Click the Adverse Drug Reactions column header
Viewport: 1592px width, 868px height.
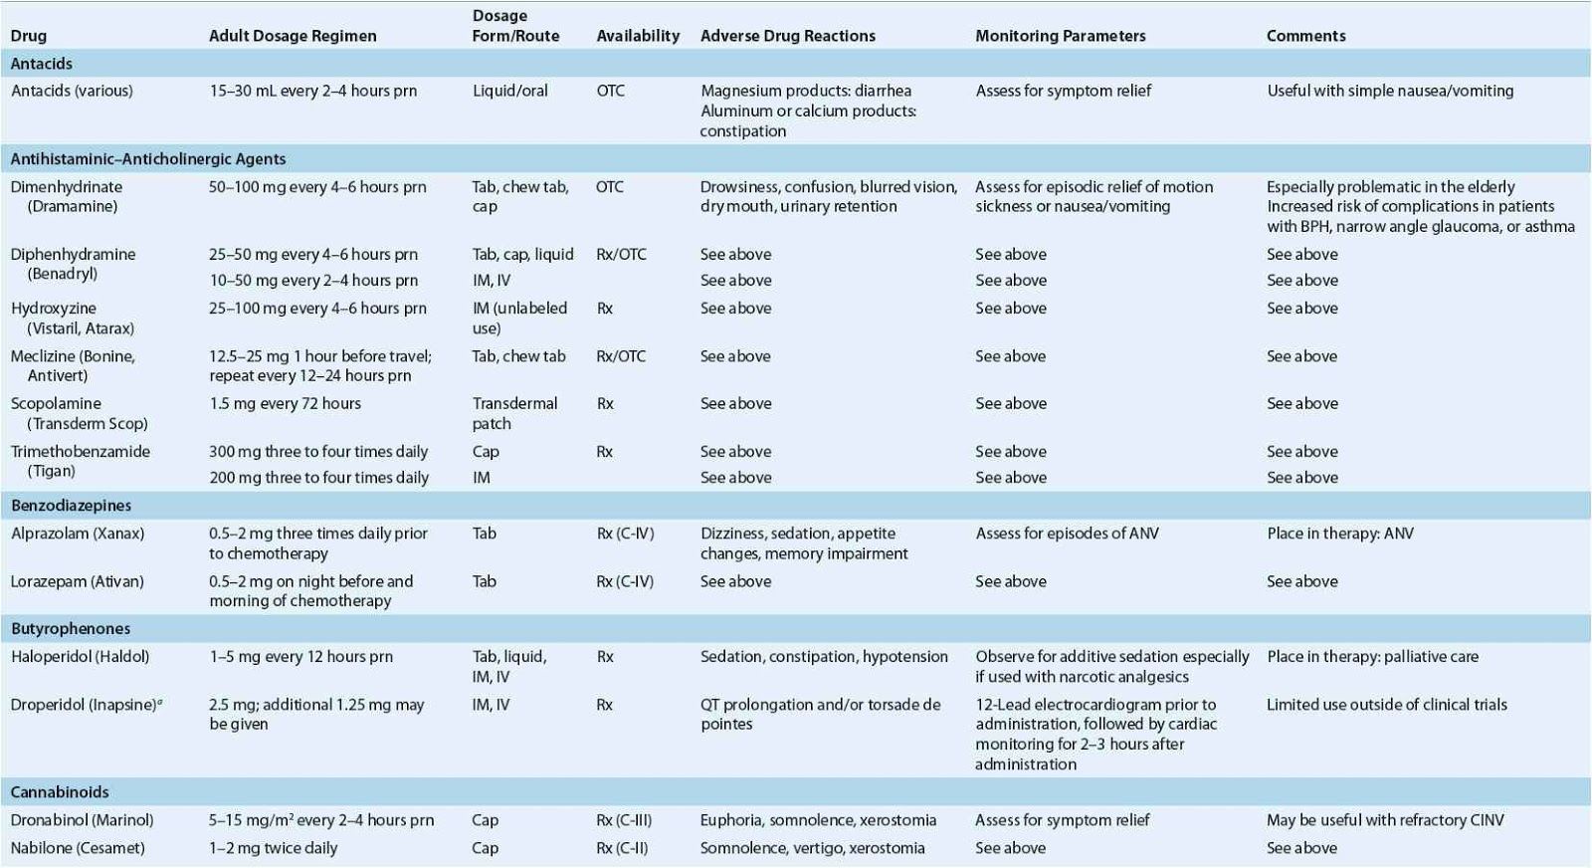click(787, 36)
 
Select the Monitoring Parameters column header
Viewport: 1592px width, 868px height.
click(1060, 36)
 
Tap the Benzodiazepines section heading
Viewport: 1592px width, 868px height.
click(71, 506)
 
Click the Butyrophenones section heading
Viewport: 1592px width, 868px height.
click(71, 629)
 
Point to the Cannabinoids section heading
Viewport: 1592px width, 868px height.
click(60, 792)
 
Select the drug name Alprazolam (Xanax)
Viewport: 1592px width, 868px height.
click(78, 534)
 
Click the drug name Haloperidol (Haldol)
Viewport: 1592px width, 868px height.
click(80, 657)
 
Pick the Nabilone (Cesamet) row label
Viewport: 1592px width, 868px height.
click(78, 848)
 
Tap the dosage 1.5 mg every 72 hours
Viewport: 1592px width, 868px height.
click(285, 404)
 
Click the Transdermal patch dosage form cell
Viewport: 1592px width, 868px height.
click(514, 413)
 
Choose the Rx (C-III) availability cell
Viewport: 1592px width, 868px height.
click(624, 820)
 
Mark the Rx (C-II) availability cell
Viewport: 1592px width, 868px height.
click(622, 848)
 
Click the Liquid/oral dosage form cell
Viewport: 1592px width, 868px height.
click(509, 91)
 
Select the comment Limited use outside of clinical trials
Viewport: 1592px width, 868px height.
click(1386, 705)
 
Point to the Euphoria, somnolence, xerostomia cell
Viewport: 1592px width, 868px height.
click(818, 820)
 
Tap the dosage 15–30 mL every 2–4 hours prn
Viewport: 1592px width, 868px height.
click(312, 91)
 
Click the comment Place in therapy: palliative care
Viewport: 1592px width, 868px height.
click(1372, 657)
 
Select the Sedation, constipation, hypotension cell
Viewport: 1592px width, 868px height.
click(824, 657)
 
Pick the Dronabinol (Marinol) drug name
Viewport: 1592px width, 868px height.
click(82, 820)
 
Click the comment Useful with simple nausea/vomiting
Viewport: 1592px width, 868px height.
click(1390, 91)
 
